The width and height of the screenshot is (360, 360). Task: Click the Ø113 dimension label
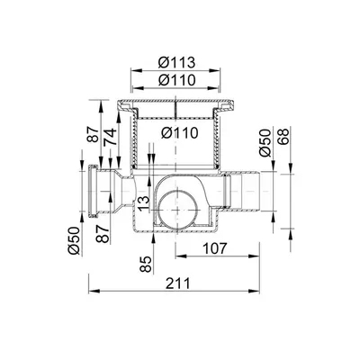[177, 63]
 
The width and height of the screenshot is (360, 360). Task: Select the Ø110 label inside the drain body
[179, 132]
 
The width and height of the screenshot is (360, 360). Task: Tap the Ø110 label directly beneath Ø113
[177, 80]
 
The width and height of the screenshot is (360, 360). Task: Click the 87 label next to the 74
[94, 134]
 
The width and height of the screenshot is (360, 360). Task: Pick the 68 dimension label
[283, 137]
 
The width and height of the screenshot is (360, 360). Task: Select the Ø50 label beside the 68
[265, 143]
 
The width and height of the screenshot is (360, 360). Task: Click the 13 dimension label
[143, 204]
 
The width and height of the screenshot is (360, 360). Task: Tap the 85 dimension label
[146, 264]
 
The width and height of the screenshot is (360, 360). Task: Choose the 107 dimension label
[215, 248]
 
